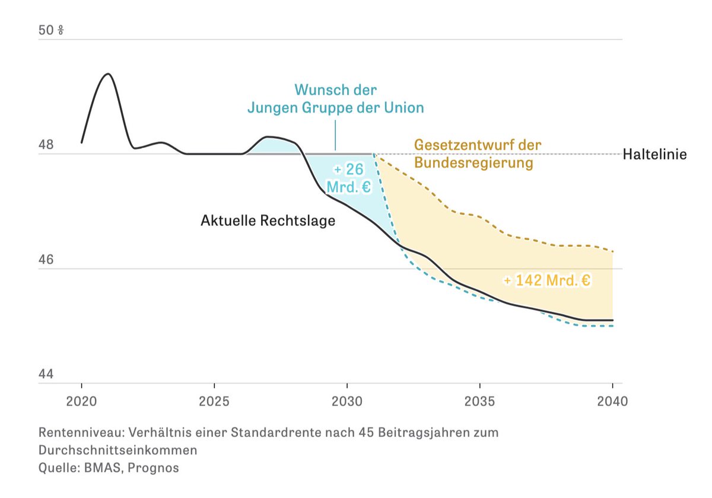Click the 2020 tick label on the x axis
click(x=82, y=401)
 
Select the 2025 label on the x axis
click(x=214, y=401)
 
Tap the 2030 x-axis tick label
click(x=347, y=401)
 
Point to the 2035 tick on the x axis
click(x=479, y=401)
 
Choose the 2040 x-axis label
click(x=612, y=401)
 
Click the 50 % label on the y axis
click(x=51, y=30)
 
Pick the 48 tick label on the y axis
click(x=46, y=145)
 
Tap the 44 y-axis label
click(x=46, y=374)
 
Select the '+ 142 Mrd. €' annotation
click(x=546, y=280)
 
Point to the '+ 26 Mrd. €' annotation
click(x=348, y=178)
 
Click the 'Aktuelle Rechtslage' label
click(x=268, y=221)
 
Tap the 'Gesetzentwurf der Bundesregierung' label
click(x=478, y=154)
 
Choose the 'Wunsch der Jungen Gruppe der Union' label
click(x=335, y=99)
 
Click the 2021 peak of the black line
click(x=107, y=74)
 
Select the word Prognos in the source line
click(x=157, y=468)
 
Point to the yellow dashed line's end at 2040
click(x=612, y=252)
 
